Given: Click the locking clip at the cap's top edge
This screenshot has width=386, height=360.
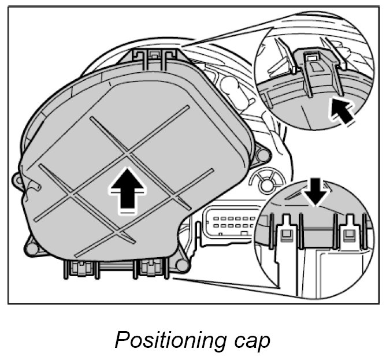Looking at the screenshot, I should pos(154,55).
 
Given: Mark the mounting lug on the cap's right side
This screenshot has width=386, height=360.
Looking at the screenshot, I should pos(263,154).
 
